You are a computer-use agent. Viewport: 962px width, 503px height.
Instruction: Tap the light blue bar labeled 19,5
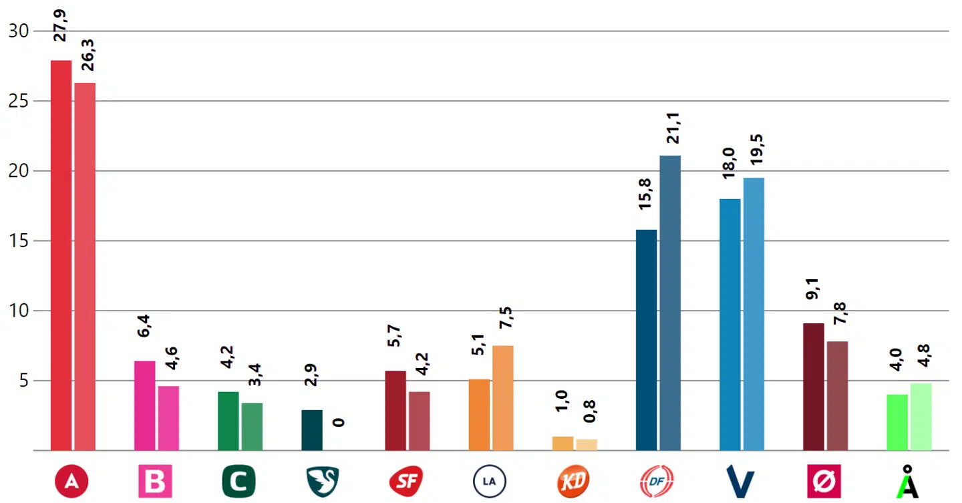(x=754, y=314)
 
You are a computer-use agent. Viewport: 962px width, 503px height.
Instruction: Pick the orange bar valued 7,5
(x=502, y=398)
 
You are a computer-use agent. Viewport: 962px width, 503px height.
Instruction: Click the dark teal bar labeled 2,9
(x=312, y=430)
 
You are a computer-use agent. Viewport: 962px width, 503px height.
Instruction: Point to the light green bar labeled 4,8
(x=921, y=417)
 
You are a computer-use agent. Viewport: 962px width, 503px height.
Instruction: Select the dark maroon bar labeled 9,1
(x=813, y=387)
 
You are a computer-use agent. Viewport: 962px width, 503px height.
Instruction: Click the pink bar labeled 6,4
(x=144, y=405)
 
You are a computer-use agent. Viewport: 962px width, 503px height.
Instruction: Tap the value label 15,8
(x=645, y=194)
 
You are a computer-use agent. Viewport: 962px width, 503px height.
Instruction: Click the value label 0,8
(x=589, y=411)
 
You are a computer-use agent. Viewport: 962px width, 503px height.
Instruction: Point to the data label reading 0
(x=339, y=422)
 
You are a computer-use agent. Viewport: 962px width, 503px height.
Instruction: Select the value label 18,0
(x=729, y=163)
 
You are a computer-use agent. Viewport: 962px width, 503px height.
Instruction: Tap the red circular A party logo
(x=71, y=481)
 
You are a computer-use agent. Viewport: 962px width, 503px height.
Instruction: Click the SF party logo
(x=406, y=481)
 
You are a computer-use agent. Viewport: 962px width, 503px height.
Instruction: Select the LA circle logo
(x=490, y=481)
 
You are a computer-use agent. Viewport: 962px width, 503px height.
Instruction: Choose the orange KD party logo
(x=573, y=481)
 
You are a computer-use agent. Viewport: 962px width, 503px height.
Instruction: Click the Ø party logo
(x=824, y=481)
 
